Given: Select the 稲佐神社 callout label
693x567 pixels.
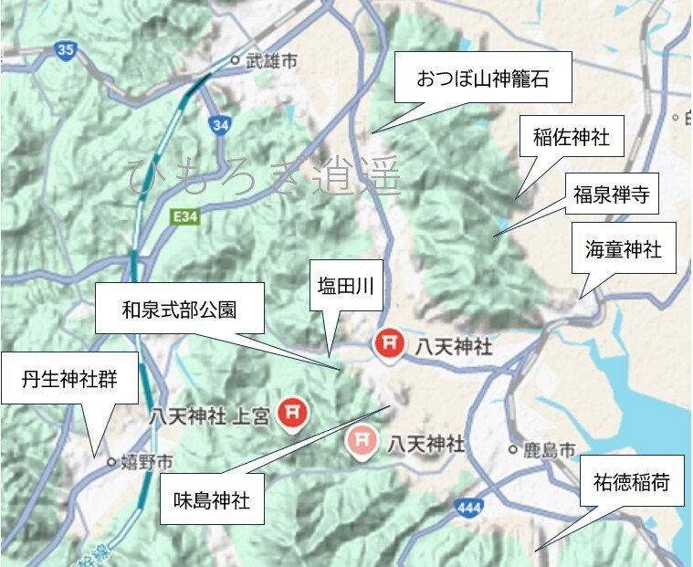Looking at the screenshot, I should click(570, 139).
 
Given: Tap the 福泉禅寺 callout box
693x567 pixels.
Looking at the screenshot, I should click(609, 194).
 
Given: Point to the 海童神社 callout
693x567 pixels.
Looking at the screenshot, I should click(624, 247).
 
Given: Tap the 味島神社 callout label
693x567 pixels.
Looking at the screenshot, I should click(211, 499).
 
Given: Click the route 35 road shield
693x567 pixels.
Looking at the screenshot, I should click(64, 51).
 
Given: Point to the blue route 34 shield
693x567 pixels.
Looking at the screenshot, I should click(218, 125).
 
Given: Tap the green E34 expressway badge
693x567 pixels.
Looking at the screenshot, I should click(184, 217).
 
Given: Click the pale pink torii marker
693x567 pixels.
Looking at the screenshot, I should click(362, 443).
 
